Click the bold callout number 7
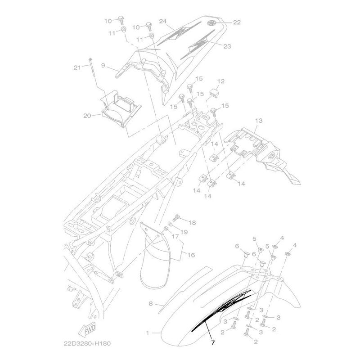click(213, 342)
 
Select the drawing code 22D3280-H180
click(87, 344)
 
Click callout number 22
click(237, 22)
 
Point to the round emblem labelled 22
click(211, 23)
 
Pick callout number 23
click(227, 46)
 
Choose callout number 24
click(162, 21)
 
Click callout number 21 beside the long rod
click(77, 67)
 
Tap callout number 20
click(87, 116)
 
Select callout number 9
click(103, 65)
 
